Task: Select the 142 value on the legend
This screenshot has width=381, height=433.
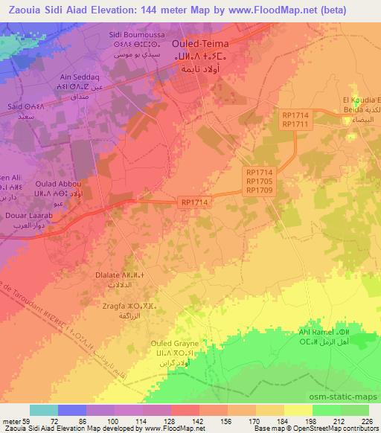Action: [x=196, y=421]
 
